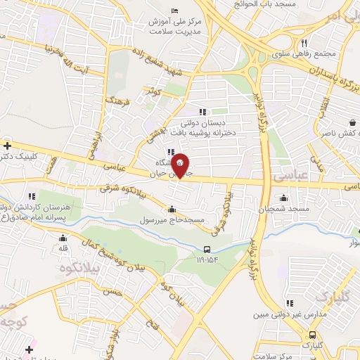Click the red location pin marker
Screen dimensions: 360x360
coord(181,165)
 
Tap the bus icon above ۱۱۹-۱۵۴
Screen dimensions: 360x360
coord(207,250)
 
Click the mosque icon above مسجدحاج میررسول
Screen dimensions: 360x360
coord(172,210)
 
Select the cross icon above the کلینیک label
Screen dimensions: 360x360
coord(7,146)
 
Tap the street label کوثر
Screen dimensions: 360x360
coord(150,90)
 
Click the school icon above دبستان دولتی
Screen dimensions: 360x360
coord(203,111)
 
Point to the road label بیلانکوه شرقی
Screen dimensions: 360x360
coord(125,188)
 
